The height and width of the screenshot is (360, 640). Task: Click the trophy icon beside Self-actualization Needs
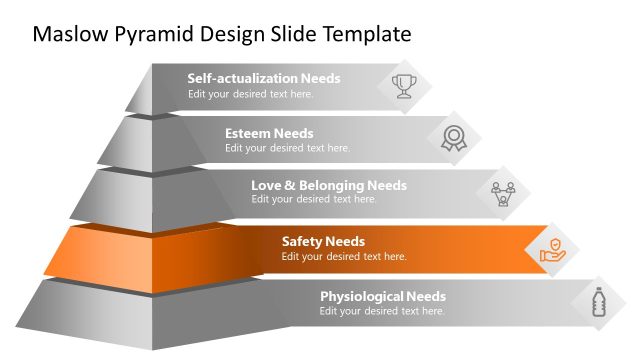404,85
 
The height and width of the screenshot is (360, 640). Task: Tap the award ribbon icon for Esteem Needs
454,139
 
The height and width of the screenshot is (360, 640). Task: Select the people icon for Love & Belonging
503,192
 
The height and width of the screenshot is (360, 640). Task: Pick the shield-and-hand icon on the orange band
553,248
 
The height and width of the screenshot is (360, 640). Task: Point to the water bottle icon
599,302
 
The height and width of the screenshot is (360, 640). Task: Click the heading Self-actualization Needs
264,78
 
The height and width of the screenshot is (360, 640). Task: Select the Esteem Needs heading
269,133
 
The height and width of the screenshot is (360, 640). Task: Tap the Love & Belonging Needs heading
328,185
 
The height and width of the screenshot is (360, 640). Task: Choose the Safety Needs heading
323,241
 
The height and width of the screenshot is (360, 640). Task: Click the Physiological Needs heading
383,296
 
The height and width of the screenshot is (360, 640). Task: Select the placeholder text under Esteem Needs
287,148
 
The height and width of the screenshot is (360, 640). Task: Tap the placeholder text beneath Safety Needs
344,256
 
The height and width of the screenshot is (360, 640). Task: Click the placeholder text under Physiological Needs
382,311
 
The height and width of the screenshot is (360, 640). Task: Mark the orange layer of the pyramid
120,250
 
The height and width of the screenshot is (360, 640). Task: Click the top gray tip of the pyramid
140,90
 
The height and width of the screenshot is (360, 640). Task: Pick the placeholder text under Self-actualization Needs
250,94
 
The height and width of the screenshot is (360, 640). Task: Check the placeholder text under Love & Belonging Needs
313,199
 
